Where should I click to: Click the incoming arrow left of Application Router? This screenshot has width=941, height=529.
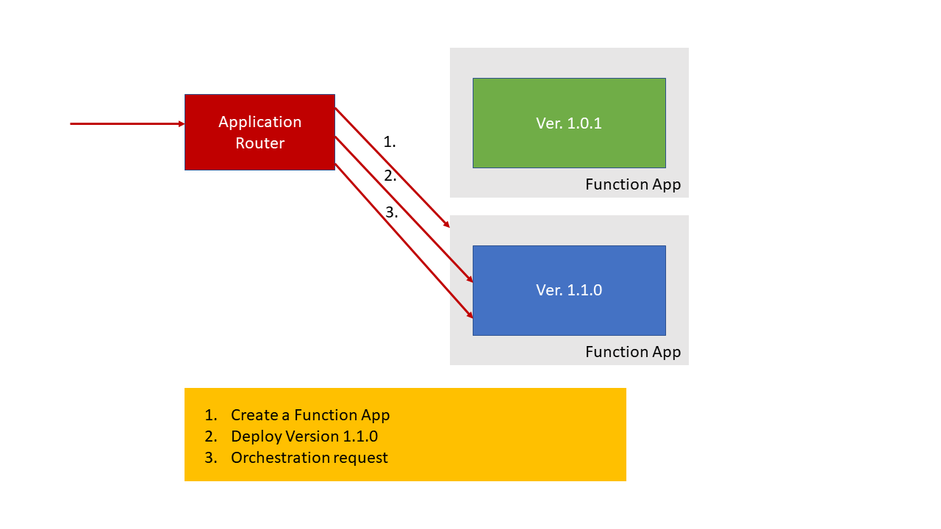point(125,123)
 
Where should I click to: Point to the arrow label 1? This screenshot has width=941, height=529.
point(390,143)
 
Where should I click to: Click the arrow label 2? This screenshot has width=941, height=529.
point(390,176)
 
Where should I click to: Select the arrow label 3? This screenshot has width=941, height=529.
point(391,212)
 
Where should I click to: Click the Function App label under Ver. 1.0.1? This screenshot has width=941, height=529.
point(633,184)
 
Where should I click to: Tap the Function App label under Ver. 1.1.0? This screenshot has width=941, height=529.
point(633,352)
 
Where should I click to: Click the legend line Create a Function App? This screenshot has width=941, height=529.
point(310,415)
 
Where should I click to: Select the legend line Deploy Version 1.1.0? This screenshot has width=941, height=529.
point(304,436)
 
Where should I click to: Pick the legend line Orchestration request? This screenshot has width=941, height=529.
point(309,458)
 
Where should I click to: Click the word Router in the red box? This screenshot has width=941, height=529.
point(260,143)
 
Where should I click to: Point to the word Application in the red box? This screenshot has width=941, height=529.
point(260,122)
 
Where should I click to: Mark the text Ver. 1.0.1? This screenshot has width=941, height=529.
point(569,123)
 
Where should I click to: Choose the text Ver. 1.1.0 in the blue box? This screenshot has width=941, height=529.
point(569,290)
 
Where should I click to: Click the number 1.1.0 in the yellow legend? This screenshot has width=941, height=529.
point(360,436)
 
